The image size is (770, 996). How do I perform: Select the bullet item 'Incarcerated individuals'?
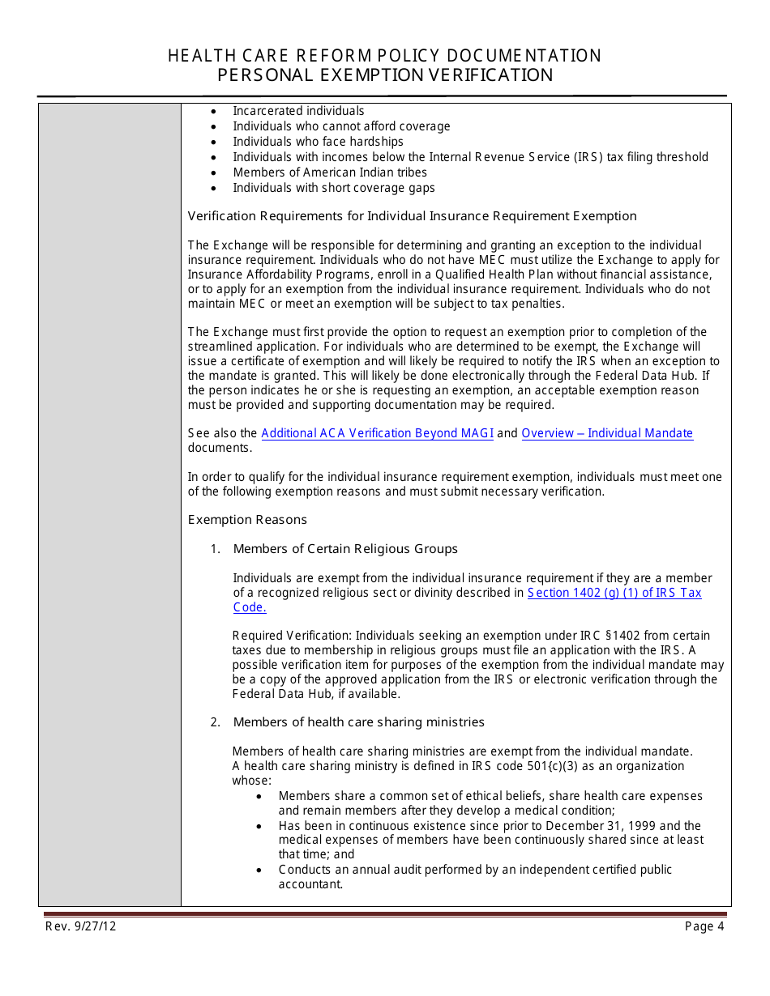tap(298, 111)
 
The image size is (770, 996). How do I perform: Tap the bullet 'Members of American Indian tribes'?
tap(330, 172)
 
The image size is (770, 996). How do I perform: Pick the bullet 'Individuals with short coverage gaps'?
tap(334, 188)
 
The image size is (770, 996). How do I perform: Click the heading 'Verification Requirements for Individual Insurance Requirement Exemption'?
tap(412, 216)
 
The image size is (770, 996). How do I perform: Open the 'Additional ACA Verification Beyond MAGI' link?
tap(377, 433)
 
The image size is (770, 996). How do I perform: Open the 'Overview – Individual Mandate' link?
tap(607, 433)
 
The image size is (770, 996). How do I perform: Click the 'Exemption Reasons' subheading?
tap(247, 520)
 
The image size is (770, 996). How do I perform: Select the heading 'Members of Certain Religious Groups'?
tap(345, 549)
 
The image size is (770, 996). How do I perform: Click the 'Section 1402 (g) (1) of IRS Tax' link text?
tap(614, 593)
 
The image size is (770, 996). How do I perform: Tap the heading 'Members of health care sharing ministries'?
tap(358, 722)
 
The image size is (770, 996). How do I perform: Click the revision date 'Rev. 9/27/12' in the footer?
tap(81, 926)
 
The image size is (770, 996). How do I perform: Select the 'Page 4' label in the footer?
tap(704, 926)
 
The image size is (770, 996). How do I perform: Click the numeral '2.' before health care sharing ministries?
tap(216, 722)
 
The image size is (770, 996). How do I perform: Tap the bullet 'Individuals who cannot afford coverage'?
tap(341, 126)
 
